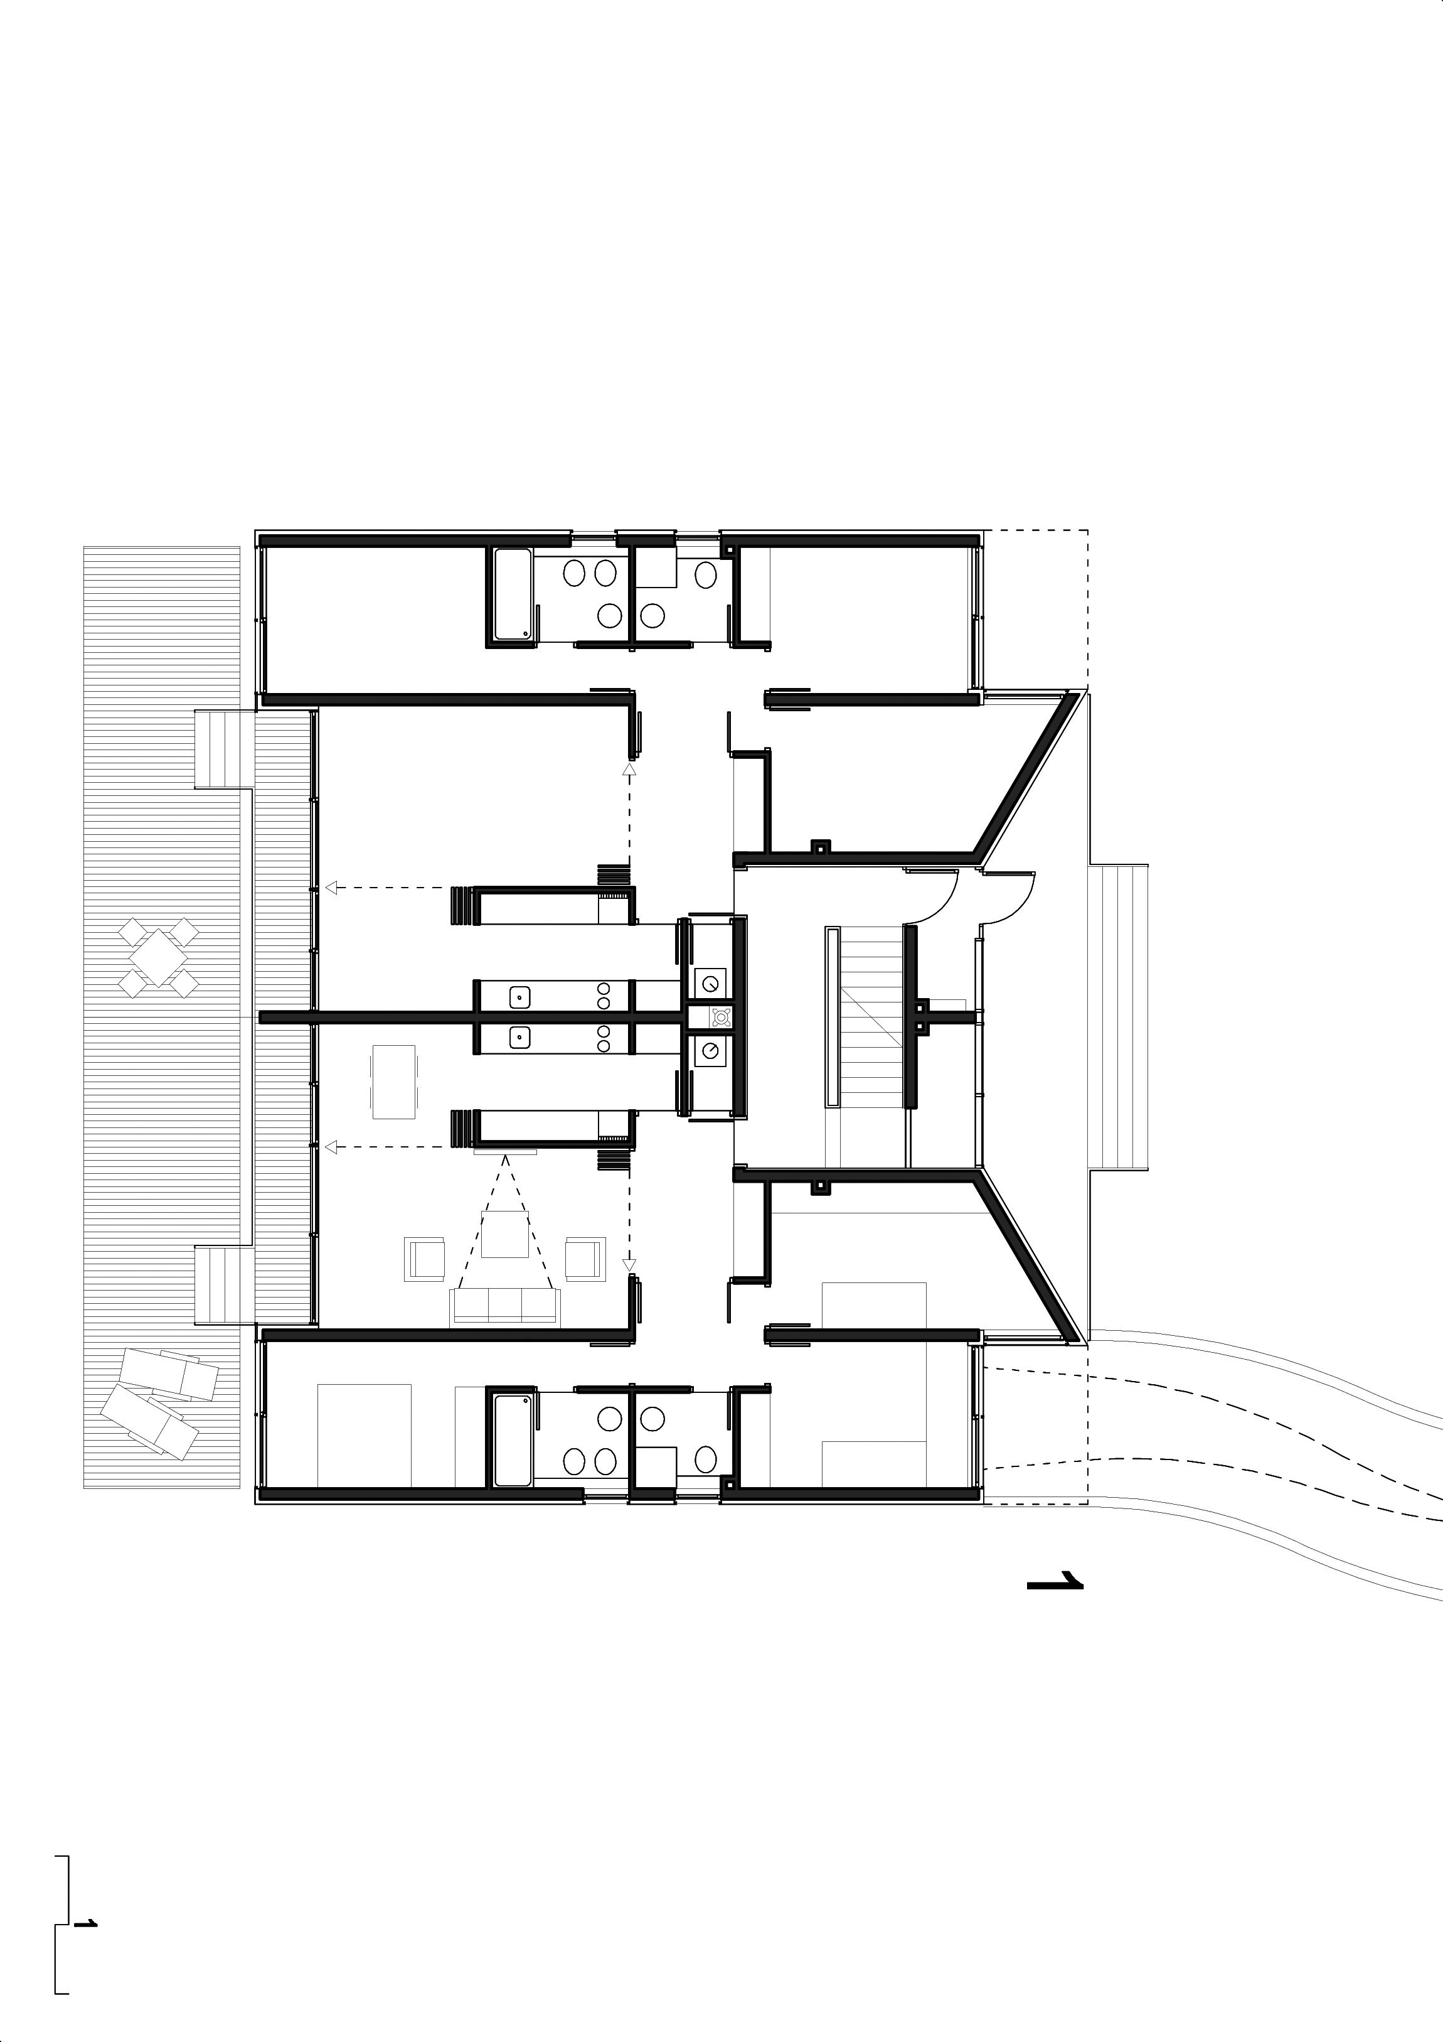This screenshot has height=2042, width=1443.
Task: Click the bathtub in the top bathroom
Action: click(513, 594)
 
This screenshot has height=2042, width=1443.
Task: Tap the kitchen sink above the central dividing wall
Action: click(521, 997)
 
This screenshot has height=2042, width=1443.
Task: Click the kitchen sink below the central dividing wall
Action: click(521, 1036)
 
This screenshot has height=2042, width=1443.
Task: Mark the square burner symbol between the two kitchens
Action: click(720, 1016)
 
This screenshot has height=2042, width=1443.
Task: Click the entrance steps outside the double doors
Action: click(1119, 1016)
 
